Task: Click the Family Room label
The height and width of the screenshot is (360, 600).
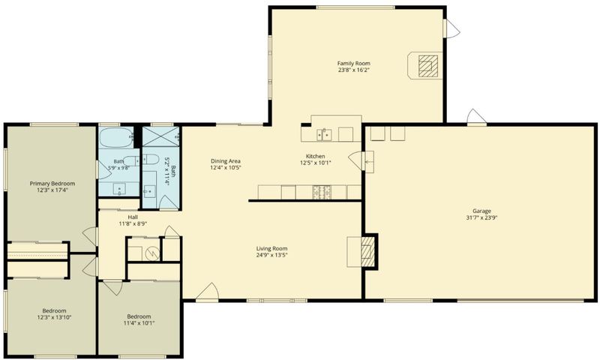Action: click(x=353, y=63)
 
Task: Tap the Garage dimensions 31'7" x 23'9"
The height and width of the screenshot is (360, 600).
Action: click(x=481, y=217)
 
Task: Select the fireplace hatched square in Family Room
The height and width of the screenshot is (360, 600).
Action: click(x=428, y=66)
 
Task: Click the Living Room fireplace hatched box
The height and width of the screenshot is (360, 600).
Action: click(x=367, y=251)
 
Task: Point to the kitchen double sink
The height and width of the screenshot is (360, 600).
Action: click(x=324, y=135)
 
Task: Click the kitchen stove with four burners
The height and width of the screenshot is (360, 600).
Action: click(x=321, y=193)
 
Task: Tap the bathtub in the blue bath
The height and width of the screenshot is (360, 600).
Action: click(x=116, y=138)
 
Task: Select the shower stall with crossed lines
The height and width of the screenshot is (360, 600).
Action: click(x=160, y=136)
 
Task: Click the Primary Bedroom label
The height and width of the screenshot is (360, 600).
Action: click(x=52, y=183)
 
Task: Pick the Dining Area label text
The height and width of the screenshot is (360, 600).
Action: click(x=226, y=161)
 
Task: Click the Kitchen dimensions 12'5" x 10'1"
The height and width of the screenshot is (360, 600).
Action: click(x=316, y=163)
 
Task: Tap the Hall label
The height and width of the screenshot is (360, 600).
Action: click(x=133, y=217)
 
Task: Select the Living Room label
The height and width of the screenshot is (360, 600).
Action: click(x=271, y=248)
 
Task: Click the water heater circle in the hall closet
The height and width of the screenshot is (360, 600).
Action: click(x=154, y=253)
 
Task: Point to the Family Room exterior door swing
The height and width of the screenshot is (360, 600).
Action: click(x=451, y=28)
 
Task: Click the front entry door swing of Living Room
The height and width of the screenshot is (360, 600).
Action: click(x=207, y=292)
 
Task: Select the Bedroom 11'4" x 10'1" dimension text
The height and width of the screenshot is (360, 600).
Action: click(x=139, y=323)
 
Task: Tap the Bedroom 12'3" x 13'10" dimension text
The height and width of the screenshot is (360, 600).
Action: click(x=54, y=317)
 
